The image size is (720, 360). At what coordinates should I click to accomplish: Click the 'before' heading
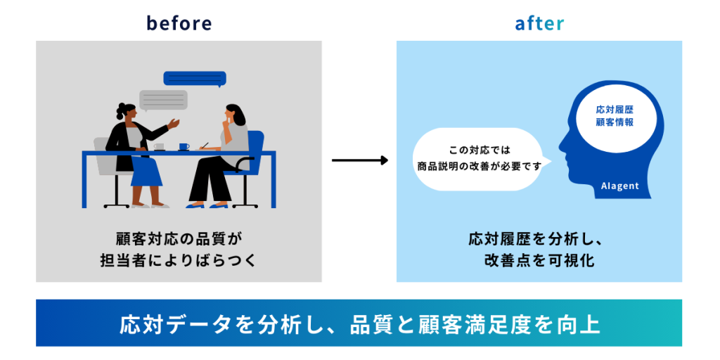(179, 22)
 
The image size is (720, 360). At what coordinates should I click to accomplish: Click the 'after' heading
(539, 22)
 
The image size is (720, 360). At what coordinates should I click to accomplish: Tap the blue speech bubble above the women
(195, 78)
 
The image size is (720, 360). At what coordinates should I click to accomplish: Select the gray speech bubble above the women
(163, 100)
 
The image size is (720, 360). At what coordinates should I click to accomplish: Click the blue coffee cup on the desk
(184, 146)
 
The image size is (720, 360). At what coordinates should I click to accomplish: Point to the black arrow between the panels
(359, 160)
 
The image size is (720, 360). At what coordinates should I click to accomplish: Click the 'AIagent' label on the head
(619, 186)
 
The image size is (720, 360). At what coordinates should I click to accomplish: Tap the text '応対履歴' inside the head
(615, 110)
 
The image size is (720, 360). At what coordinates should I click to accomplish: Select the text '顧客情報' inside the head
(615, 122)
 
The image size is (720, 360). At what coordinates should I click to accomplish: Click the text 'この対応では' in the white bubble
(477, 150)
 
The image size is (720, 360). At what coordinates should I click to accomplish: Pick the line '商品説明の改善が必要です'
(477, 167)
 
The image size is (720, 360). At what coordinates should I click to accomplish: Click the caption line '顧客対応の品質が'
(179, 238)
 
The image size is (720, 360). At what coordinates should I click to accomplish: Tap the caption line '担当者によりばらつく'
(179, 261)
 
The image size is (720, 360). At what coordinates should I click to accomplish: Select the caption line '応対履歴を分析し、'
(539, 238)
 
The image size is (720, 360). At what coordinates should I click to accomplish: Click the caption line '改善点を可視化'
(539, 261)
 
